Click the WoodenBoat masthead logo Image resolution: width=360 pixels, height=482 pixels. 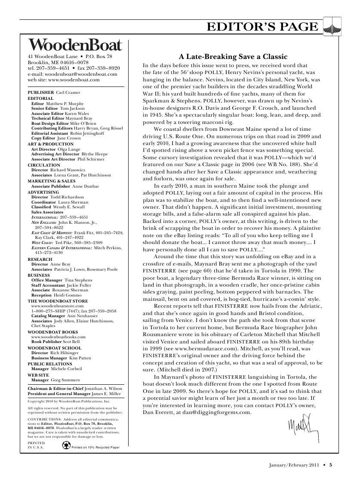(x=75, y=45)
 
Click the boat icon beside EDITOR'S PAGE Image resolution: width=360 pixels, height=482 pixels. (x=332, y=27)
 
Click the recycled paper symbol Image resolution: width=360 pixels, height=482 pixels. (x=66, y=445)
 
